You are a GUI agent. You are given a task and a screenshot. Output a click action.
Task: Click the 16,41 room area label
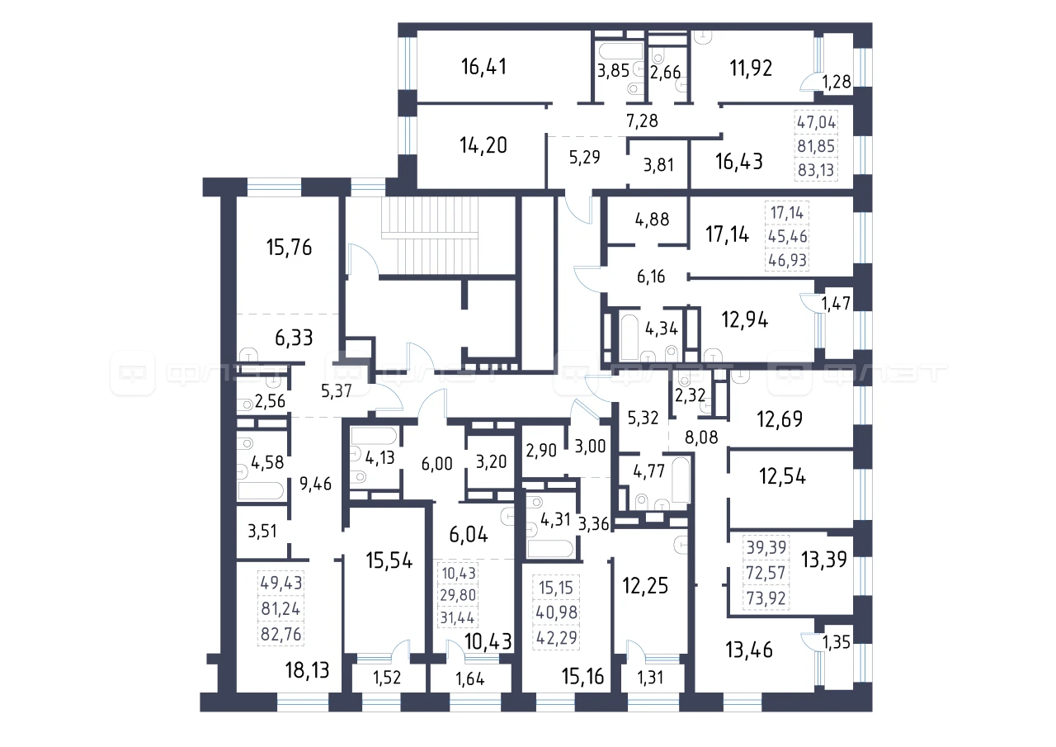pos(484,67)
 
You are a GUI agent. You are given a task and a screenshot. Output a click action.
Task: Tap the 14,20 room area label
pos(483,145)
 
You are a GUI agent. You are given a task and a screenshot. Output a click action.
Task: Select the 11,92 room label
pos(751,69)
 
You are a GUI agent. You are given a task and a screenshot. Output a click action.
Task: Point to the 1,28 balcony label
pos(837,82)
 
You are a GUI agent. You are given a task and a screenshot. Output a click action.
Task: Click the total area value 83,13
pos(816,169)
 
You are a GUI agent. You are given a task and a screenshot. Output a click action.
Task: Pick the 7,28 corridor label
pos(642,121)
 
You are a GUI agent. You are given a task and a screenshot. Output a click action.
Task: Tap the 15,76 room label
pos(289,247)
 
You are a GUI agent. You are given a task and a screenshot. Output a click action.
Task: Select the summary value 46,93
pos(787,260)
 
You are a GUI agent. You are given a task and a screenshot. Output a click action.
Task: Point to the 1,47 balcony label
pos(837,303)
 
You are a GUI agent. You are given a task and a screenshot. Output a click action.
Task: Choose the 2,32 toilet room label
pos(691,395)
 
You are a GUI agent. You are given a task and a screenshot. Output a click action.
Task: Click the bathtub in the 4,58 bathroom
pos(261,490)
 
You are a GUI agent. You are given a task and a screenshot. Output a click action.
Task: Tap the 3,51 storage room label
pos(262,532)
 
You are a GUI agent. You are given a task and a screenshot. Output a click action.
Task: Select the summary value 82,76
pos(281,634)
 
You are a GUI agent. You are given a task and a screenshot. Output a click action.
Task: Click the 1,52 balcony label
pos(387,678)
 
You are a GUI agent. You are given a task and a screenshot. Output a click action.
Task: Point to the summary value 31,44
pos(457,617)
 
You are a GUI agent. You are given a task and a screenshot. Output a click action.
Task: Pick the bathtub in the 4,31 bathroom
pos(550,549)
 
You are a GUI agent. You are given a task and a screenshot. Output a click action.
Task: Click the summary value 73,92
pos(766,598)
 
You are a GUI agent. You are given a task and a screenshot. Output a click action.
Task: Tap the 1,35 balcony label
pos(837,642)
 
